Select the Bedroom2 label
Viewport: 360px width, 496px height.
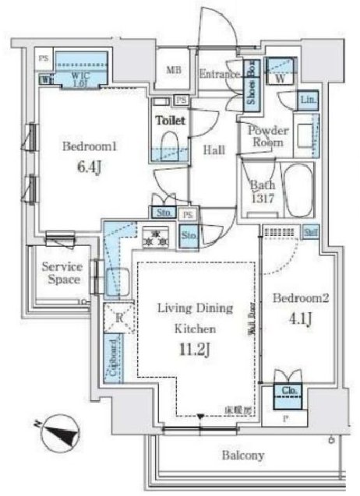coord(293,297)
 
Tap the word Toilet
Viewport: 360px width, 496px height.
coord(170,121)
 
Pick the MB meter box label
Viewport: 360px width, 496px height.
coord(173,69)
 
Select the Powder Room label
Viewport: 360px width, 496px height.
coord(269,137)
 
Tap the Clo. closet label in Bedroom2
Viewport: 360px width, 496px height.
coord(287,391)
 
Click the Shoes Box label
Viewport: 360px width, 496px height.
coord(252,83)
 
